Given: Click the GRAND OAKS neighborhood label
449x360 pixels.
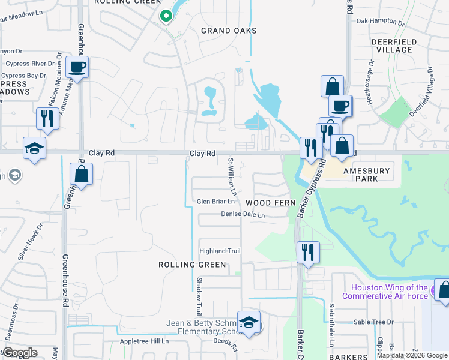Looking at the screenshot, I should (229, 31).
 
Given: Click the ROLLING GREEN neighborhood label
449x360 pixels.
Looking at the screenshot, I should (192, 265).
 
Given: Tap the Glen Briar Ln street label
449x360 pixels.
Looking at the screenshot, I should (215, 202).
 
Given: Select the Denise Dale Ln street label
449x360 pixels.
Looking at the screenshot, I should (243, 214).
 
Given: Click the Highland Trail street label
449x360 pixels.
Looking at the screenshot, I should (220, 251).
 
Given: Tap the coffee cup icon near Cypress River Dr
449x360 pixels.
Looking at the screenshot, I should (77, 67).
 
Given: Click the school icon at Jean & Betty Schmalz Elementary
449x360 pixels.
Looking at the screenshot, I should (248, 323).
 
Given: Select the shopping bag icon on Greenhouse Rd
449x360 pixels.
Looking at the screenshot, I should (81, 175).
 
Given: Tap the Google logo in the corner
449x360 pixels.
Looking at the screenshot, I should (20, 353).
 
